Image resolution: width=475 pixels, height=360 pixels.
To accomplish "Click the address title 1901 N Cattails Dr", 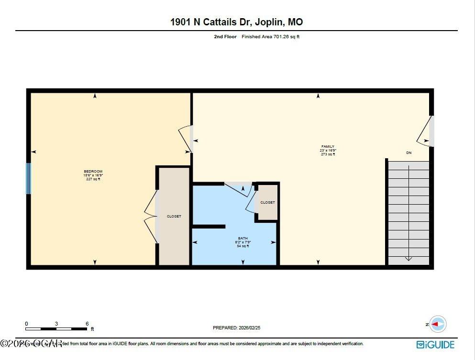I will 236,22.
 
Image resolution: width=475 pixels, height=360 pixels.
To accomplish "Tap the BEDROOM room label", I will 93,172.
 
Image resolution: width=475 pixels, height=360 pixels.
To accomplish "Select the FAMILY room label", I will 328,147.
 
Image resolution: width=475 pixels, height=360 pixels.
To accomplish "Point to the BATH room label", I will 243,238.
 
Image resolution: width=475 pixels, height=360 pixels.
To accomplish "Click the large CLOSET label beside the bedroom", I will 174,217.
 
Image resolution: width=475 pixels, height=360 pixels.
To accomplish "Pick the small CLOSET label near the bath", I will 267,203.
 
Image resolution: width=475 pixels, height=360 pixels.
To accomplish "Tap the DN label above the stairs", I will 409,153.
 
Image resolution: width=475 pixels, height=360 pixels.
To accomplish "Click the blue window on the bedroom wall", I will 28,178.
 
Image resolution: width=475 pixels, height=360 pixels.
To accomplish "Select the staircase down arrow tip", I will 409,260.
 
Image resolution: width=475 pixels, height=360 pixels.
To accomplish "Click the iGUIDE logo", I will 435,344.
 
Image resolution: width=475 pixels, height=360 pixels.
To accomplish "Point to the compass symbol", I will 437,324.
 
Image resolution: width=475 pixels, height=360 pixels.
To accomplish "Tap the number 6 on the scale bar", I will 87,324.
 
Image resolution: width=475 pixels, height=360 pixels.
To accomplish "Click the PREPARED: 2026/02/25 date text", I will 236,328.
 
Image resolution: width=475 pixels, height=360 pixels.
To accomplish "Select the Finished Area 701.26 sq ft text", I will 270,37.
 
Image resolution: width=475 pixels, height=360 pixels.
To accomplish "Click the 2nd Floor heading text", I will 225,37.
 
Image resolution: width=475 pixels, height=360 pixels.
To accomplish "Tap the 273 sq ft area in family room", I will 328,154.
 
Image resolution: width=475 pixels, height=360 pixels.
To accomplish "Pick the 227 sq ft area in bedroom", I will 93,179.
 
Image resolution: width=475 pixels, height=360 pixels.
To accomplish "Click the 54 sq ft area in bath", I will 243,246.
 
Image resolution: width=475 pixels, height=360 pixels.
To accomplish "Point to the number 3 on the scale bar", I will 56,324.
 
